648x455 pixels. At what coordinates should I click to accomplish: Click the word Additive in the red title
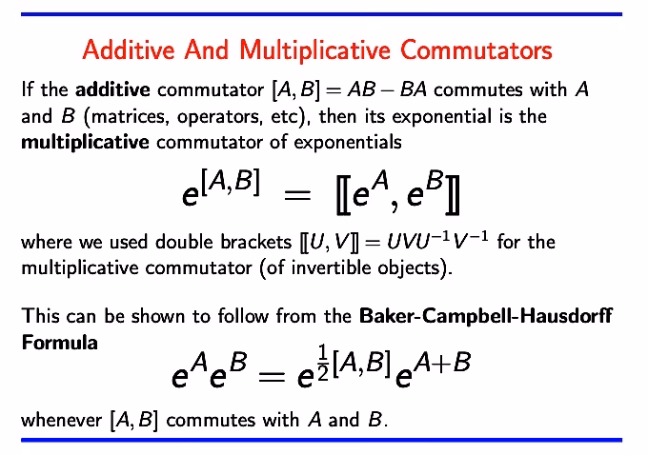click(x=127, y=49)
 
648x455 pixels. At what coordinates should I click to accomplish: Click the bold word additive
click(x=112, y=91)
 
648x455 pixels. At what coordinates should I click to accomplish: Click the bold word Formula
click(x=59, y=342)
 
